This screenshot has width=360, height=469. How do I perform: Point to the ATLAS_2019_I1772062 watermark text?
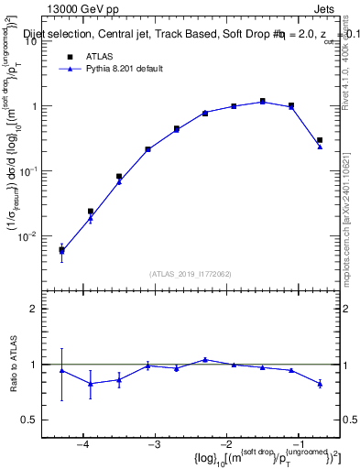(x=191, y=274)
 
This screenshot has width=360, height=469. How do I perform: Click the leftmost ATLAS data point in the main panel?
(x=61, y=249)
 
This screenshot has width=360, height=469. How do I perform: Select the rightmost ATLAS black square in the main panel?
(x=320, y=140)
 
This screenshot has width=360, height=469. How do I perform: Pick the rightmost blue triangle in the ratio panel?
(x=320, y=384)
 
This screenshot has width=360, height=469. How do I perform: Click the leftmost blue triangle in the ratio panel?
(x=61, y=370)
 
